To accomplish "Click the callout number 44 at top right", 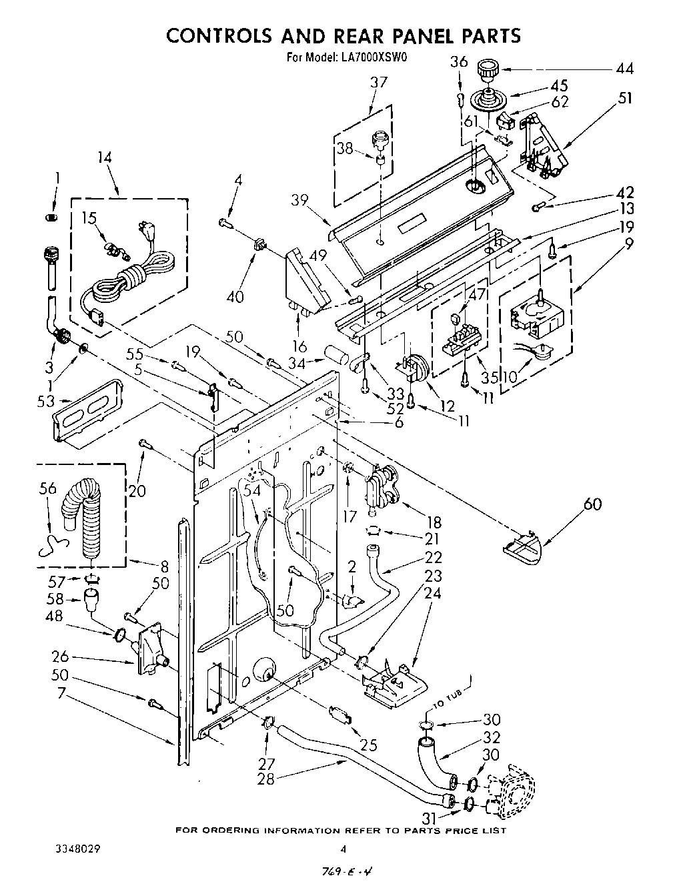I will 625,68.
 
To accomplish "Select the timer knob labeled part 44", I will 488,69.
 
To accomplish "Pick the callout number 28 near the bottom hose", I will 265,779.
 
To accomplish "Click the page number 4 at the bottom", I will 343,849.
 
